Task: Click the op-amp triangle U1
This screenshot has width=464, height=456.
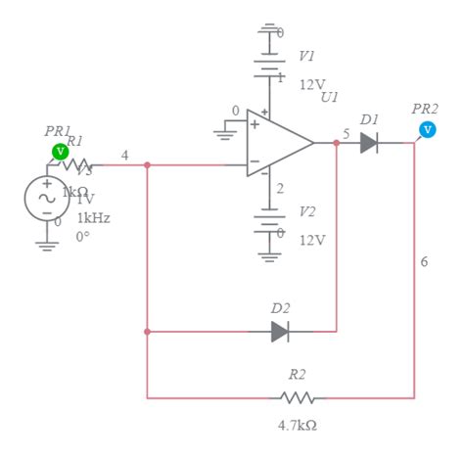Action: coord(276,143)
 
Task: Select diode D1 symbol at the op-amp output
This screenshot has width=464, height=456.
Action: coord(368,143)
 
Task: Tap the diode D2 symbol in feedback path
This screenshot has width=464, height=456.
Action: coord(280,332)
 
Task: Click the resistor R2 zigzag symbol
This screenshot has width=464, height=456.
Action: coord(297,398)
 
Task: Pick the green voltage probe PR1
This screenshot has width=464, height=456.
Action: coord(60,151)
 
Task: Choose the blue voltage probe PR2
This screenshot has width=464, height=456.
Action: coord(427,129)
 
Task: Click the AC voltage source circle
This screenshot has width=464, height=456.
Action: coord(46,198)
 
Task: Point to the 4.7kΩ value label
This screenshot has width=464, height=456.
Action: coord(298,426)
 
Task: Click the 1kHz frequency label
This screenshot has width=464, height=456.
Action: coord(94,217)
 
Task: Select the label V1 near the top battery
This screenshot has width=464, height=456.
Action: coord(307,57)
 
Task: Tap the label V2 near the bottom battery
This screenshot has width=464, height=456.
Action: coord(307,211)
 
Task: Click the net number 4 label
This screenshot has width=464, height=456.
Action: coord(124,155)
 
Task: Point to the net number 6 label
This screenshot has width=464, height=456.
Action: coord(424,262)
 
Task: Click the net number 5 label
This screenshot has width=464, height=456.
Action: coord(346,133)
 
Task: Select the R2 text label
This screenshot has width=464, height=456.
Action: coord(297,375)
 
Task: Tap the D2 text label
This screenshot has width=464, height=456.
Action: coord(280,308)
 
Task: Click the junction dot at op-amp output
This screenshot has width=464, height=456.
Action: coord(336,143)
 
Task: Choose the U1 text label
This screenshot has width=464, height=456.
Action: coord(329,98)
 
